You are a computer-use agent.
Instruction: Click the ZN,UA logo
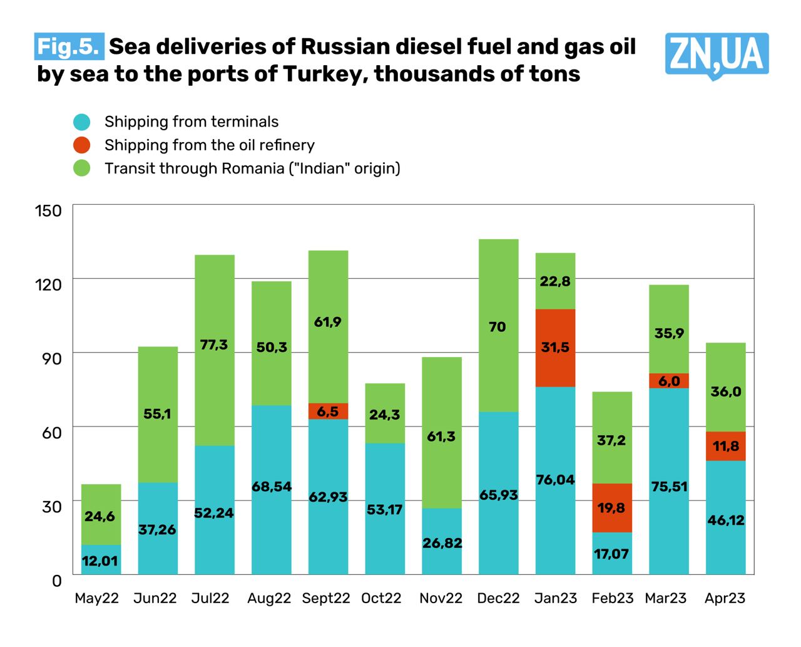click(717, 55)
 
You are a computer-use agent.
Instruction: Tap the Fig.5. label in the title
click(69, 47)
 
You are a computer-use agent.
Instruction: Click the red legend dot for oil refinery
click(82, 145)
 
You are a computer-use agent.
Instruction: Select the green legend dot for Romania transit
click(82, 168)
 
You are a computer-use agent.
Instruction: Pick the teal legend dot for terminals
click(82, 122)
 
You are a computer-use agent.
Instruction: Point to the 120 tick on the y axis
click(49, 284)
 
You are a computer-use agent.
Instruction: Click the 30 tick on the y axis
click(52, 506)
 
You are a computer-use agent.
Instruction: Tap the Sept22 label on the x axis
click(325, 598)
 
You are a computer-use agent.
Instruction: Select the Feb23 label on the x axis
click(612, 598)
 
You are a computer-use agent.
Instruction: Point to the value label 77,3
click(214, 345)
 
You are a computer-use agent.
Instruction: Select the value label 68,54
click(272, 487)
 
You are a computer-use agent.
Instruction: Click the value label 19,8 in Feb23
click(611, 508)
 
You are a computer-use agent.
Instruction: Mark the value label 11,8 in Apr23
click(726, 447)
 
